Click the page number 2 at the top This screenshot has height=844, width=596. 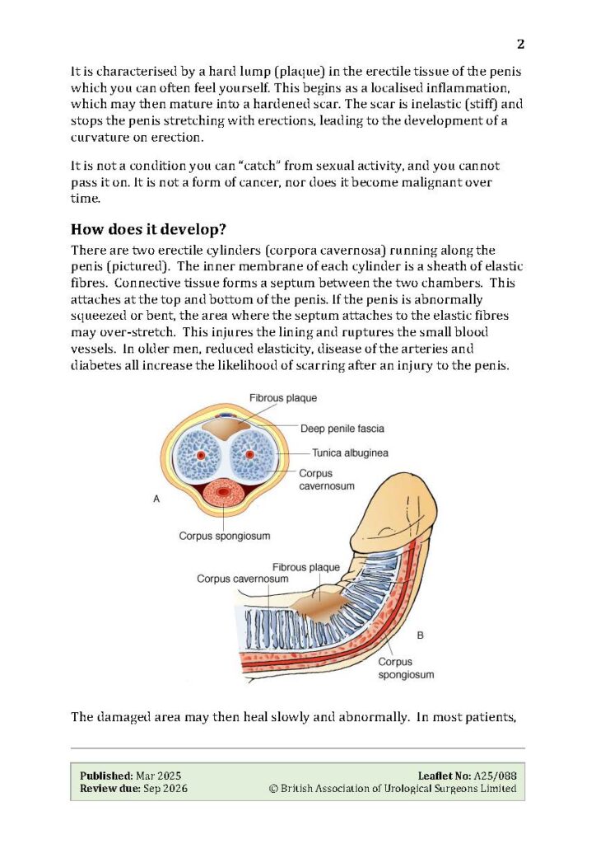click(x=520, y=44)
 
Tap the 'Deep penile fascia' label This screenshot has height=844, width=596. click(x=331, y=429)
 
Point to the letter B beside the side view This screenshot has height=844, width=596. click(x=421, y=635)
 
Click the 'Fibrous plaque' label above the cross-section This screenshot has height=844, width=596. click(x=283, y=397)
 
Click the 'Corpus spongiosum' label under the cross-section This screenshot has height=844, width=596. click(x=225, y=536)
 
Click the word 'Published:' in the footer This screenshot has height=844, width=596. click(x=105, y=776)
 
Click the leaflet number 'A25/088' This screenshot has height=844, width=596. click(x=496, y=776)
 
